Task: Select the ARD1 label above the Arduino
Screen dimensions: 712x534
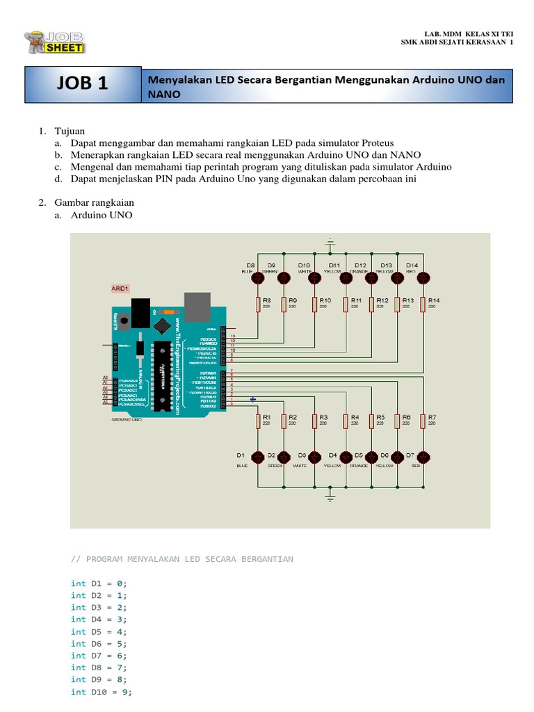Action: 120,288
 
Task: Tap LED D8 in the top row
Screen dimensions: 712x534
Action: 259,278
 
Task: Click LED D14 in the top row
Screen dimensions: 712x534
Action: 422,278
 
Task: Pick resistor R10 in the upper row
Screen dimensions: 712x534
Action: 314,304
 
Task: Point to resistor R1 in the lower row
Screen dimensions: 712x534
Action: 259,421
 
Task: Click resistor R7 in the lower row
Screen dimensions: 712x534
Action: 422,421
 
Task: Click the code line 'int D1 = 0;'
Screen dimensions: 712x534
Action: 99,583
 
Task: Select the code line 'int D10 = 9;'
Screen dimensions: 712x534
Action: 102,692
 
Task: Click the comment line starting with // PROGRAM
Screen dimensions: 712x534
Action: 182,559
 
